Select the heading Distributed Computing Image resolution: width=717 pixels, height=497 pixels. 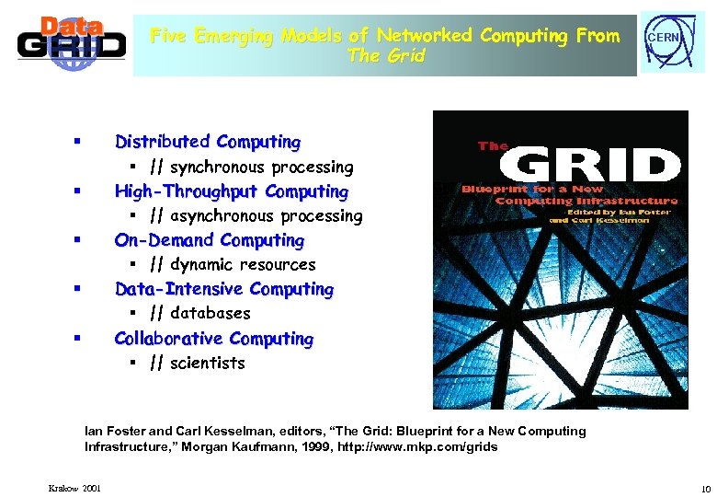pos(208,142)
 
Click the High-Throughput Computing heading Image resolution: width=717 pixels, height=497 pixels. pos(232,191)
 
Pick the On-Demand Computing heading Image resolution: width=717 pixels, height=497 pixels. pos(210,240)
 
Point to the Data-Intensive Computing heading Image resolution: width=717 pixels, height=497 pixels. pos(224,289)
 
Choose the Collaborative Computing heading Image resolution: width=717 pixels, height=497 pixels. pos(214,338)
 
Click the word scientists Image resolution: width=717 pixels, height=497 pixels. pos(208,363)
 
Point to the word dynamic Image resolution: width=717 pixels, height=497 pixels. pos(202,265)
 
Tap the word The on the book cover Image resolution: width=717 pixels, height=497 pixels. pos(493,145)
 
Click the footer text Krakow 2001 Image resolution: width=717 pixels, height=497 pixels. pos(75,487)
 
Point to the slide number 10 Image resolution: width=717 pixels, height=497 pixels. pos(705,487)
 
